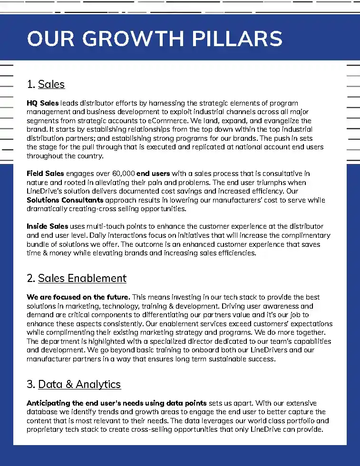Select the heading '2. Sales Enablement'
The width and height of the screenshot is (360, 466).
tap(77, 278)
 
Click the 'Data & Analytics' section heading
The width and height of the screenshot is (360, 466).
tap(79, 384)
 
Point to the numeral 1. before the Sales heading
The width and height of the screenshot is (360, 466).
tap(31, 85)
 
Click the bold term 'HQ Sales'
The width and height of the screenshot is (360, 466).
tap(43, 103)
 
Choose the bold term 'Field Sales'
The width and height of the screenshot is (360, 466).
tap(45, 174)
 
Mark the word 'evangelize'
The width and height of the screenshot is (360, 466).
tap(283, 121)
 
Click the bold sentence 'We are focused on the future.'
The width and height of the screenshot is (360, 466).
tap(78, 297)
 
